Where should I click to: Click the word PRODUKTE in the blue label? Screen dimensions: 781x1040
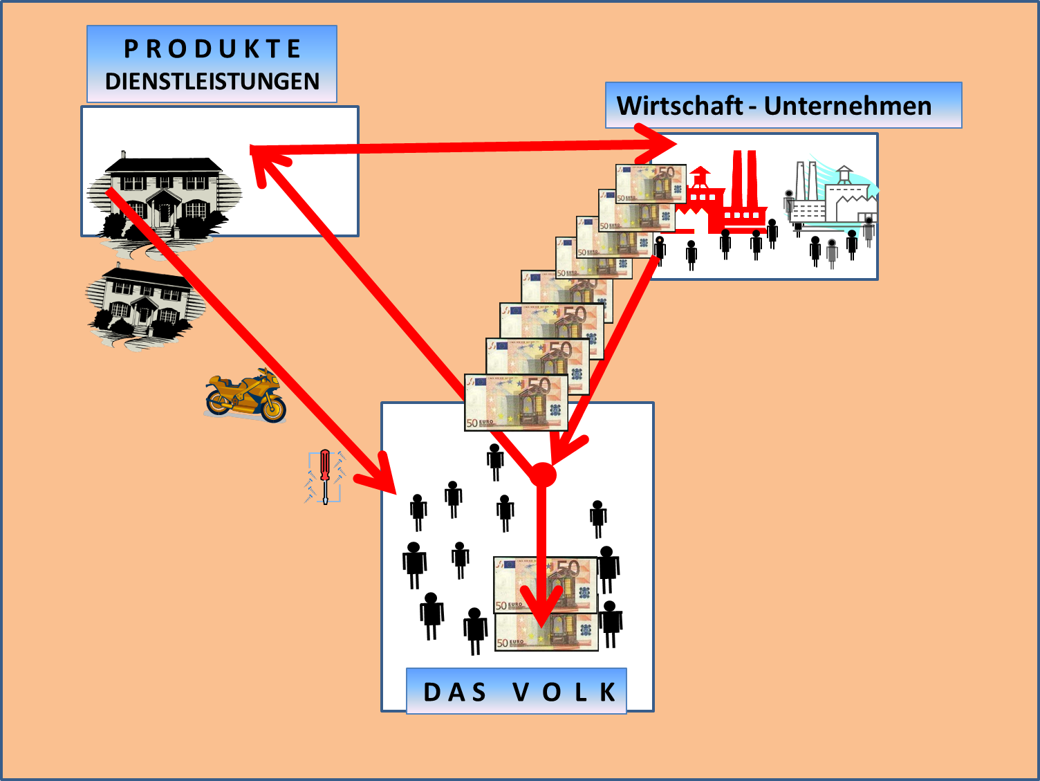[212, 49]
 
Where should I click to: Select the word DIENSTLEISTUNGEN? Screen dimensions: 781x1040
[212, 82]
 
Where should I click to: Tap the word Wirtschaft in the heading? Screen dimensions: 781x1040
[679, 106]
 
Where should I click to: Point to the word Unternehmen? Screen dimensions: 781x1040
[848, 106]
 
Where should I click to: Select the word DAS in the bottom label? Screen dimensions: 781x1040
[455, 692]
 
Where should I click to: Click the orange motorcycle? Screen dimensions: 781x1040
[245, 396]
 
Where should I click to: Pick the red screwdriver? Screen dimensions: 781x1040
[325, 475]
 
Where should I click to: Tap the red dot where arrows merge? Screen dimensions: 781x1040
[542, 475]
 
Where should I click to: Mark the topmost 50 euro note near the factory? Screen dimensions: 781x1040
[651, 184]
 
